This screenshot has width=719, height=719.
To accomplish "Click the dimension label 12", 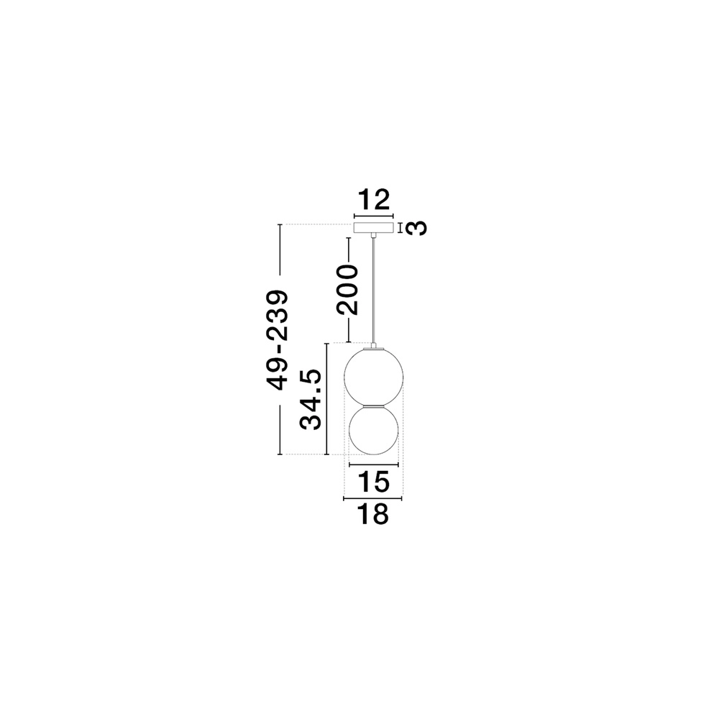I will click(x=373, y=199).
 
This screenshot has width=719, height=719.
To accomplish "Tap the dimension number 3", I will click(x=416, y=228).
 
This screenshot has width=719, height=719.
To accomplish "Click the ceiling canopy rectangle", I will click(x=373, y=228).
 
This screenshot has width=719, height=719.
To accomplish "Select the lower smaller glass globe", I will click(x=374, y=434).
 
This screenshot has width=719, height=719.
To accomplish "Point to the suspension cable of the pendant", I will click(x=374, y=288).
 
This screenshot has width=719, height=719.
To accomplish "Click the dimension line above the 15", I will click(x=373, y=465).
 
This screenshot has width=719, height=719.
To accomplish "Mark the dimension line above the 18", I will click(x=373, y=498).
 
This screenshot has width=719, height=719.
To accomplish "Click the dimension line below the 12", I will click(x=373, y=215).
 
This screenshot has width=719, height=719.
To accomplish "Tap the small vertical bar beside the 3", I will click(x=400, y=228).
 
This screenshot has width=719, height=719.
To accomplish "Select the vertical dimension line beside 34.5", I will click(x=327, y=399).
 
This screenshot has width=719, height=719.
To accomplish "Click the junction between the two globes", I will click(x=374, y=406).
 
